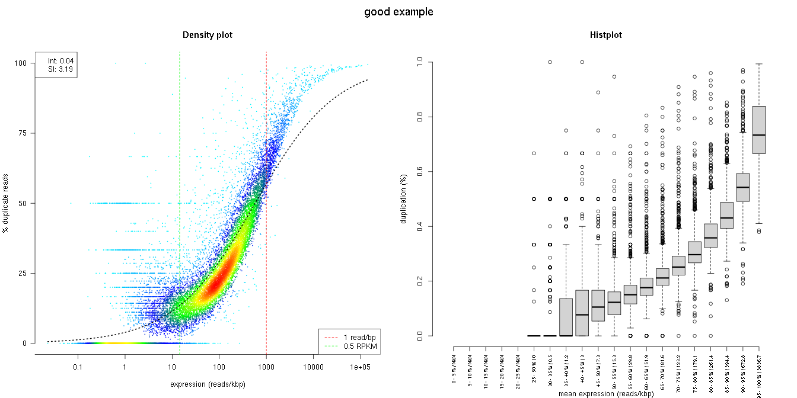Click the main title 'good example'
click(398, 12)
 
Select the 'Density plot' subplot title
click(208, 35)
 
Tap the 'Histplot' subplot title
click(606, 35)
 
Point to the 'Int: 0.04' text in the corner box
click(60, 60)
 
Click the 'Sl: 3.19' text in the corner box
click(60, 69)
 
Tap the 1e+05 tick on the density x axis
click(359, 368)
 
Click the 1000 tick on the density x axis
click(266, 368)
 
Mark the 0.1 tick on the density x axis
click(78, 368)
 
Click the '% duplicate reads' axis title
click(6, 203)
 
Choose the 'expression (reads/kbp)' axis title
click(208, 384)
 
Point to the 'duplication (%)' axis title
click(404, 198)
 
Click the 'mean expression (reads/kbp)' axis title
click(606, 393)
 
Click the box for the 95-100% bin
click(758, 130)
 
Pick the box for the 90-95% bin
click(742, 187)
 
